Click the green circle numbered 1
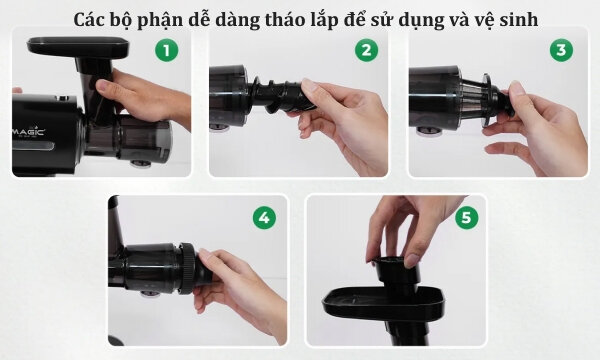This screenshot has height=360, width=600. pyautogui.click(x=166, y=50)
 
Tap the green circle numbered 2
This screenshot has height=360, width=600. pyautogui.click(x=366, y=50)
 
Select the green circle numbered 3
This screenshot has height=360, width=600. pyautogui.click(x=561, y=50)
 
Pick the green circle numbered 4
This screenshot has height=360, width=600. pyautogui.click(x=264, y=217)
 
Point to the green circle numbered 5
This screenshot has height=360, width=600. pyautogui.click(x=466, y=217)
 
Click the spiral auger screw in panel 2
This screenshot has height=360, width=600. pyautogui.click(x=278, y=94)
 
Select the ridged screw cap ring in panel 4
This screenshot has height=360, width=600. pyautogui.click(x=188, y=268)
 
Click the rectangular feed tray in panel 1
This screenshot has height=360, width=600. pyautogui.click(x=78, y=47)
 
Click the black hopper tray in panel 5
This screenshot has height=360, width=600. pyautogui.click(x=383, y=303)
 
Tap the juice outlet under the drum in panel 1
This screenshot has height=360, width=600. pyautogui.click(x=140, y=164)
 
